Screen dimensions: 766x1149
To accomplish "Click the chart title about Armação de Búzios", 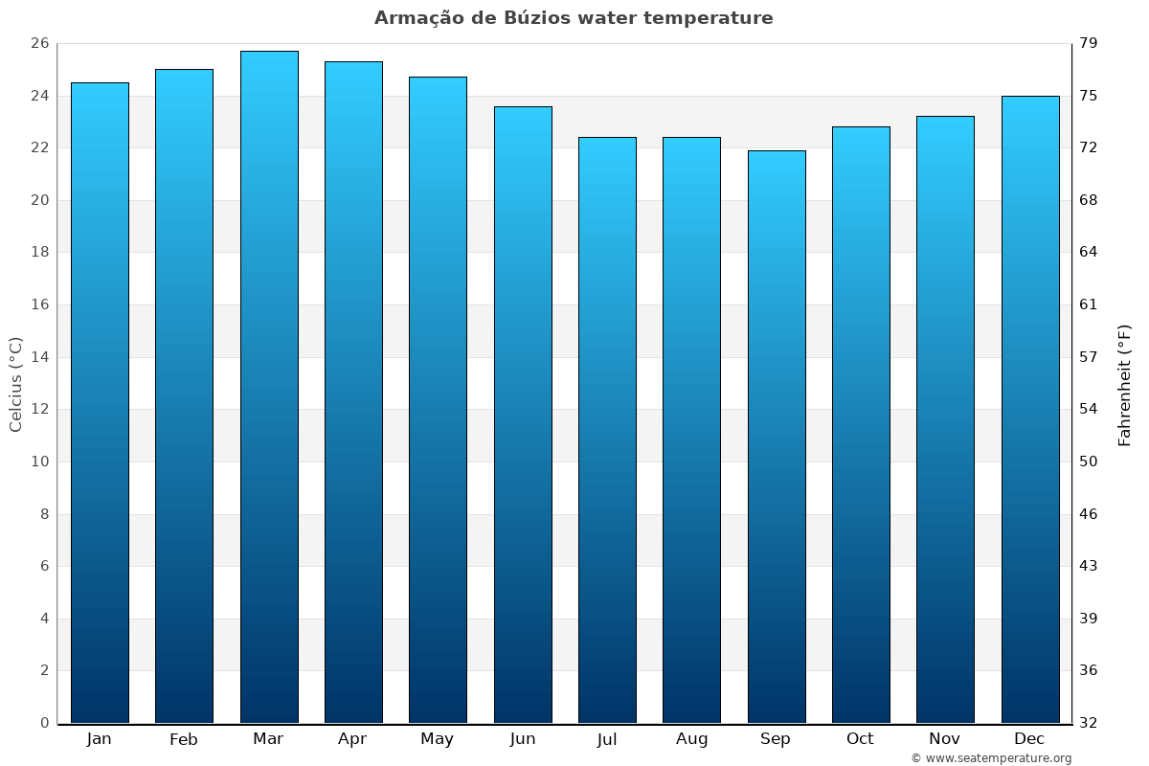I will [574, 18].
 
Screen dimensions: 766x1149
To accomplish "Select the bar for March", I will [269, 387].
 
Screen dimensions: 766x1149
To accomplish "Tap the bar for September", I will [777, 437].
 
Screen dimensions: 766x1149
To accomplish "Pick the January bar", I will [100, 402].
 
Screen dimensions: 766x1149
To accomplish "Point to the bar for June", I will [523, 415].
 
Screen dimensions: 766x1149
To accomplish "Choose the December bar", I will [1030, 409].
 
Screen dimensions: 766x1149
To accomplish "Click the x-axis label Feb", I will [183, 739].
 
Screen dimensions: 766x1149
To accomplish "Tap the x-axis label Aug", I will [691, 739].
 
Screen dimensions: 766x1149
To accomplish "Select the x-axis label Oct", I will [860, 739].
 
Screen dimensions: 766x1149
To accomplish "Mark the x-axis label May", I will [437, 739].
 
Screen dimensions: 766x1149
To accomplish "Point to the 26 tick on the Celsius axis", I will [39, 44].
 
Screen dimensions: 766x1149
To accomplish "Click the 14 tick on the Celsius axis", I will [39, 357].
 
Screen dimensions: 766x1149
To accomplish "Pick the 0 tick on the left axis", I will [44, 723].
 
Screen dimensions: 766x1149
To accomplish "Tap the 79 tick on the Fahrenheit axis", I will [1089, 44].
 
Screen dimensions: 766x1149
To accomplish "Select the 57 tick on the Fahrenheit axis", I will [1089, 357].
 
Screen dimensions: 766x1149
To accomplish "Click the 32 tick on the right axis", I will [1089, 723].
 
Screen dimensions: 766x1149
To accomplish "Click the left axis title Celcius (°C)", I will [15, 384].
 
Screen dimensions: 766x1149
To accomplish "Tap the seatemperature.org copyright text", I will [990, 758].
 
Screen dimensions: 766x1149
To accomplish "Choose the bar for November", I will [945, 419].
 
